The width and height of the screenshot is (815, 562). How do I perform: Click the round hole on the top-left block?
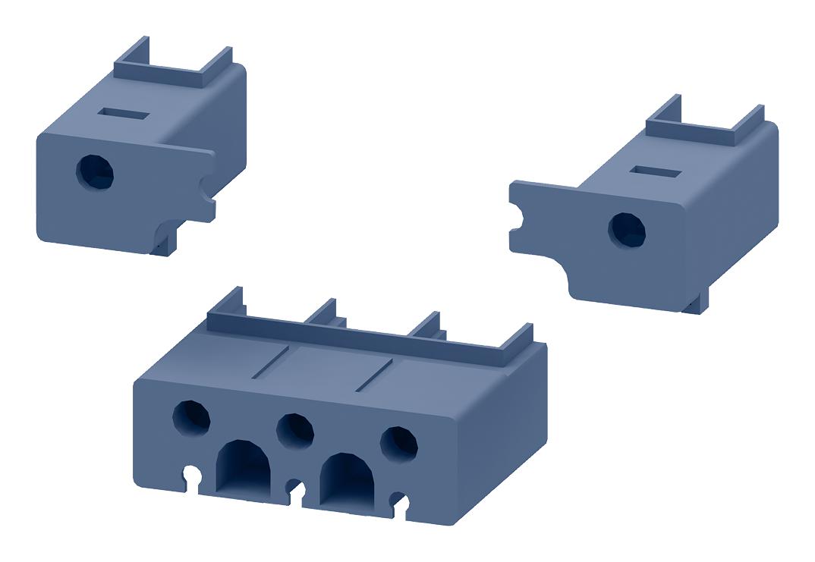pyautogui.click(x=95, y=172)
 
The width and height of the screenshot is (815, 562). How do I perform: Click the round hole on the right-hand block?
pyautogui.click(x=628, y=229)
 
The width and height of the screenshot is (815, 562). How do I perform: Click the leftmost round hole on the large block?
pyautogui.click(x=192, y=417)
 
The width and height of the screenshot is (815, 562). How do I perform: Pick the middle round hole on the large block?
pyautogui.click(x=295, y=430)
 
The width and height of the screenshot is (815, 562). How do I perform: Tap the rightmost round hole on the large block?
pyautogui.click(x=398, y=444)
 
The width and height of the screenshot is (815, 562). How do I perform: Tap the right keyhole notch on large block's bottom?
pyautogui.click(x=400, y=503)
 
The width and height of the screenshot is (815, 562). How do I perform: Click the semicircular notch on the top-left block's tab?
pyautogui.click(x=206, y=187)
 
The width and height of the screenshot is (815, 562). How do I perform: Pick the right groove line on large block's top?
pyautogui.click(x=373, y=375)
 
